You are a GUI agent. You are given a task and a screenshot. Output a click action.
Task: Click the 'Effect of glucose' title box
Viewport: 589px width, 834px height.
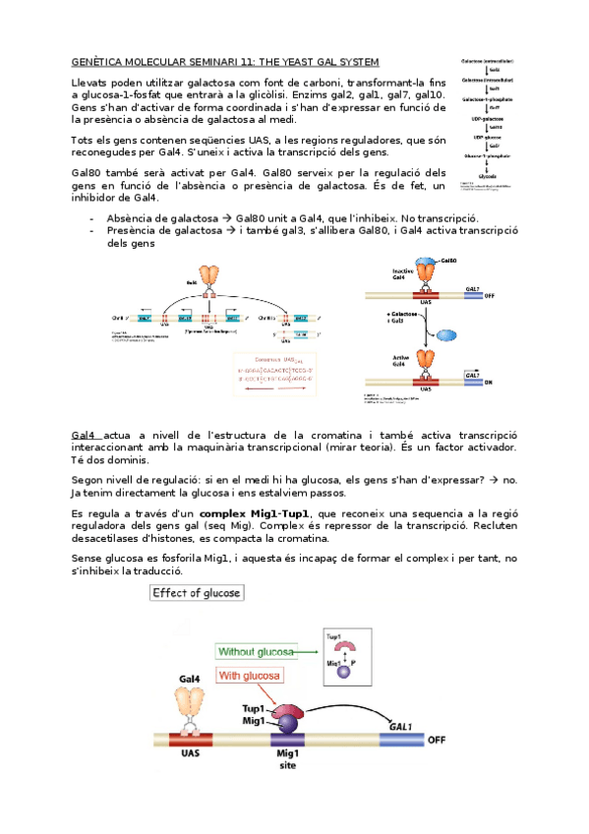(x=195, y=593)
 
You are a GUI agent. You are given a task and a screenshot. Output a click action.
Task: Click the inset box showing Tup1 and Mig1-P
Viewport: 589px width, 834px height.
(x=341, y=655)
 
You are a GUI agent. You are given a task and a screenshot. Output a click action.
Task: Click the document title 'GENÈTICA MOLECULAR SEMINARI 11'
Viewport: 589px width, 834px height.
(x=167, y=61)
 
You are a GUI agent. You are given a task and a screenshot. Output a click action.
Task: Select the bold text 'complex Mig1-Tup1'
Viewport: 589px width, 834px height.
(x=255, y=514)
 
